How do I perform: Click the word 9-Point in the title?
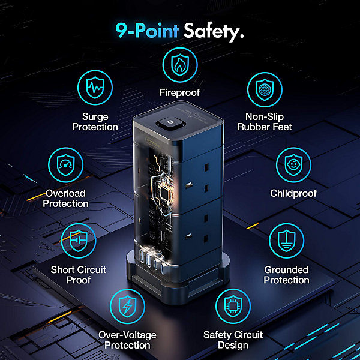click(147, 31)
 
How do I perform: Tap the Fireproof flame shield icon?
click(180, 65)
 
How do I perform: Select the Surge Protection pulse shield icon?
click(95, 88)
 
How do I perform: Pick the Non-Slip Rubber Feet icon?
click(265, 89)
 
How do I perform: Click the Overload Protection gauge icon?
click(65, 165)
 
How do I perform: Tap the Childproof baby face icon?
click(293, 165)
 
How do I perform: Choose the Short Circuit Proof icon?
click(79, 241)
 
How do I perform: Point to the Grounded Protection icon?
click(287, 241)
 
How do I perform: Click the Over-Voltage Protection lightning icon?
click(127, 306)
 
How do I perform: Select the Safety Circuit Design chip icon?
click(233, 306)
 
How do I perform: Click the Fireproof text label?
click(180, 92)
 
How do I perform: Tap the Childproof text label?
click(293, 193)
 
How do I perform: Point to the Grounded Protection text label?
click(287, 275)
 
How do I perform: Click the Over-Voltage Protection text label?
click(127, 340)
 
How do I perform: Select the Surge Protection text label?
click(95, 122)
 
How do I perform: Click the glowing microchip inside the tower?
click(166, 193)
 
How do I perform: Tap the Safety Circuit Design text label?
click(233, 340)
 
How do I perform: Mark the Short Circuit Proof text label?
click(79, 275)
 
